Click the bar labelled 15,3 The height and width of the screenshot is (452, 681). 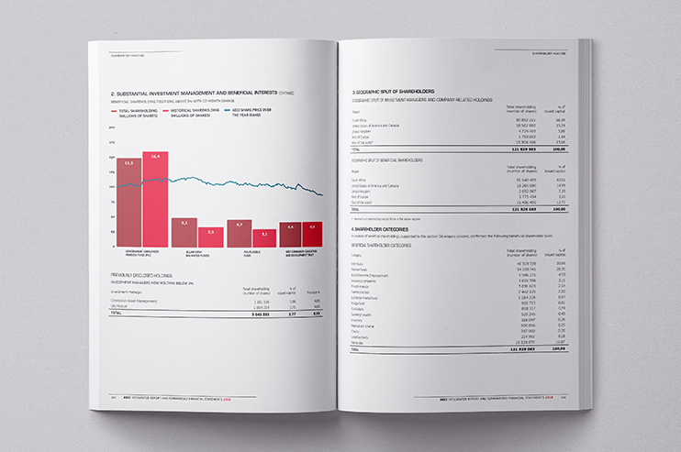tap(128, 202)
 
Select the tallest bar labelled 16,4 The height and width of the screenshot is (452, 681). tap(155, 197)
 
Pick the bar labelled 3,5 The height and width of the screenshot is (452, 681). tap(211, 237)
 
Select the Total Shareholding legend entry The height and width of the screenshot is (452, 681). tap(136, 114)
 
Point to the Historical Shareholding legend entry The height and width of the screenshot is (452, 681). tap(187, 114)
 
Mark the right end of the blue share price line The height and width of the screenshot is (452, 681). tap(322, 195)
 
